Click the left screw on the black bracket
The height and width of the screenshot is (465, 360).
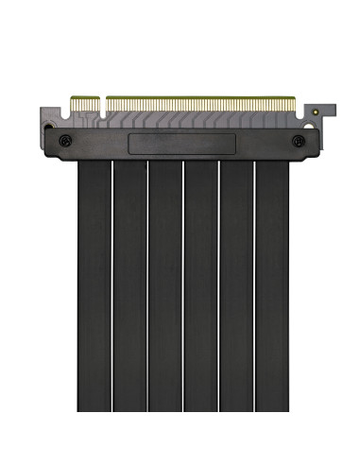(64, 141)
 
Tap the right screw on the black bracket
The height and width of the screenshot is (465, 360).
(300, 141)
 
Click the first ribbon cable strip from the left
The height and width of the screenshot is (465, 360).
(94, 284)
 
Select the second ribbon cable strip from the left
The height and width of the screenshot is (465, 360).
(129, 284)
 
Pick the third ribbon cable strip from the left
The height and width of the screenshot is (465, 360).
(164, 284)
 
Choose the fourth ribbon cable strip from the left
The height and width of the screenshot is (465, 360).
(200, 284)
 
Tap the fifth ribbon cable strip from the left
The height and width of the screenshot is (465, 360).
(236, 284)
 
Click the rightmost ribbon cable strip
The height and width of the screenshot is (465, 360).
(272, 284)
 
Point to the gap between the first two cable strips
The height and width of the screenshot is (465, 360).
(111, 284)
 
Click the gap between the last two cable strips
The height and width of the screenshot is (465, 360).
(254, 284)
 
